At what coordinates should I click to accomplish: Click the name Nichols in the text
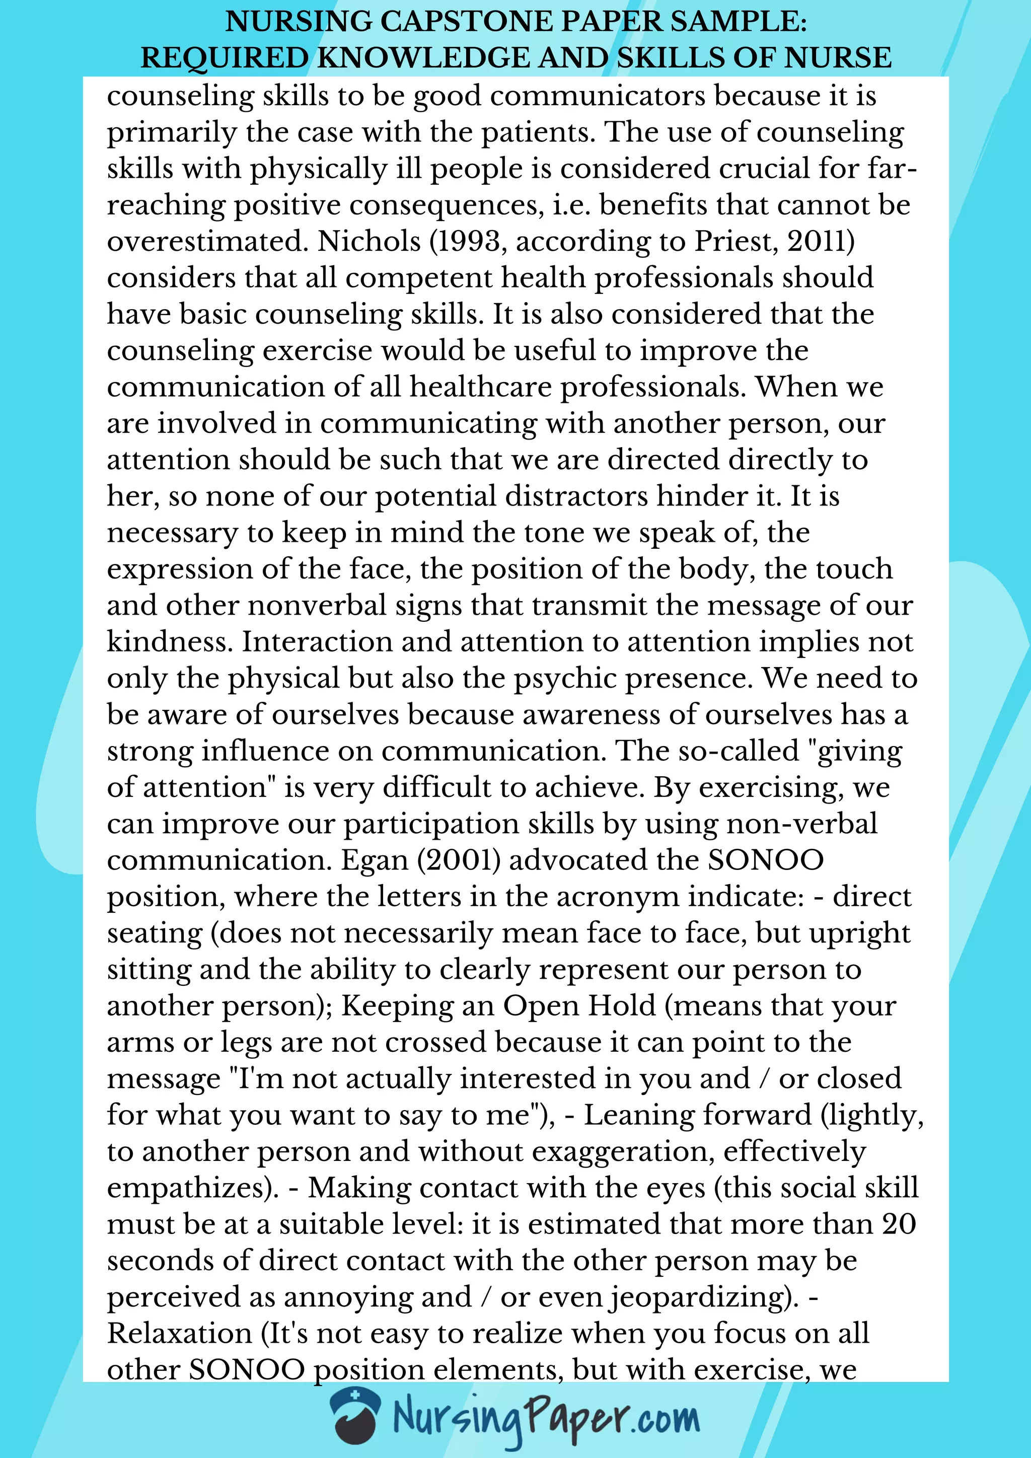tap(369, 241)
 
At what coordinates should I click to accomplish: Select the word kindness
tap(170, 642)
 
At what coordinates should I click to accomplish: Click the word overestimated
tap(207, 241)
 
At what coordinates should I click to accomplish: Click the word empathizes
tap(189, 1188)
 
